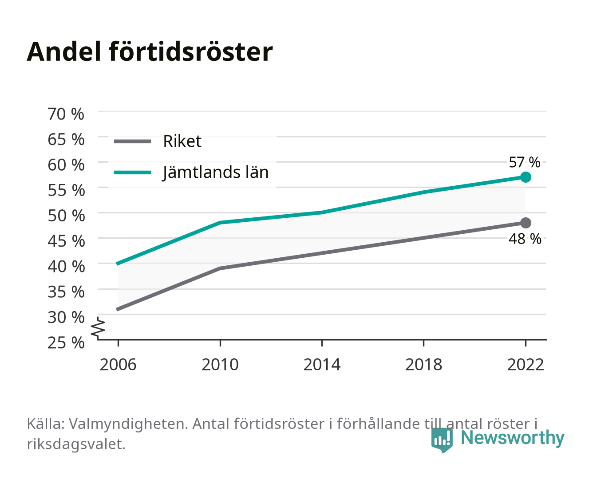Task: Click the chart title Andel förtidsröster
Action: tap(150, 52)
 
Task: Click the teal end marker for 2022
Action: tap(526, 177)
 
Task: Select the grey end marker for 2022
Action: tap(526, 223)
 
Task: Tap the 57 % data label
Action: tap(524, 162)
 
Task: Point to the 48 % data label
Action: tap(525, 239)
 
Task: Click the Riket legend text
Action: tap(182, 141)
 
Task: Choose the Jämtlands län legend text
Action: tap(215, 172)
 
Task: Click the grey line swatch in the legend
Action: tap(133, 141)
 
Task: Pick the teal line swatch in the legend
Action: tap(133, 172)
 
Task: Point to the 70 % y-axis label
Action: tap(66, 114)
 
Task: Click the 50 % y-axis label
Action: tap(66, 216)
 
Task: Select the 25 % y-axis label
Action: tap(66, 343)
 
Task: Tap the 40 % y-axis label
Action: tap(66, 266)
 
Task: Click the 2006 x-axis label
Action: tap(118, 364)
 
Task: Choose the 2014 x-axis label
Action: tap(322, 364)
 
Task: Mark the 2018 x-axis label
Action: tap(423, 364)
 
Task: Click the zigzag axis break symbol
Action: tap(98, 328)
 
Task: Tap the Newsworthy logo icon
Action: tap(442, 440)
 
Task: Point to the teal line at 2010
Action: tap(220, 223)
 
